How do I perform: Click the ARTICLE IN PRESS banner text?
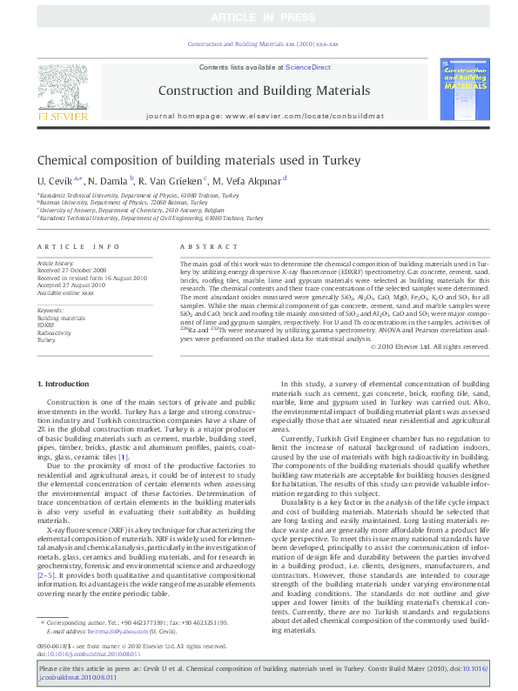[259, 17]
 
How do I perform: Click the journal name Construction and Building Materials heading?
[259, 90]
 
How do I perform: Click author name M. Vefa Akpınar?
[247, 180]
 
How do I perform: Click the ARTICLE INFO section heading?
[78, 246]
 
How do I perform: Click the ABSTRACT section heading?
[202, 246]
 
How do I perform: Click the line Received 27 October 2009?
[69, 270]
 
